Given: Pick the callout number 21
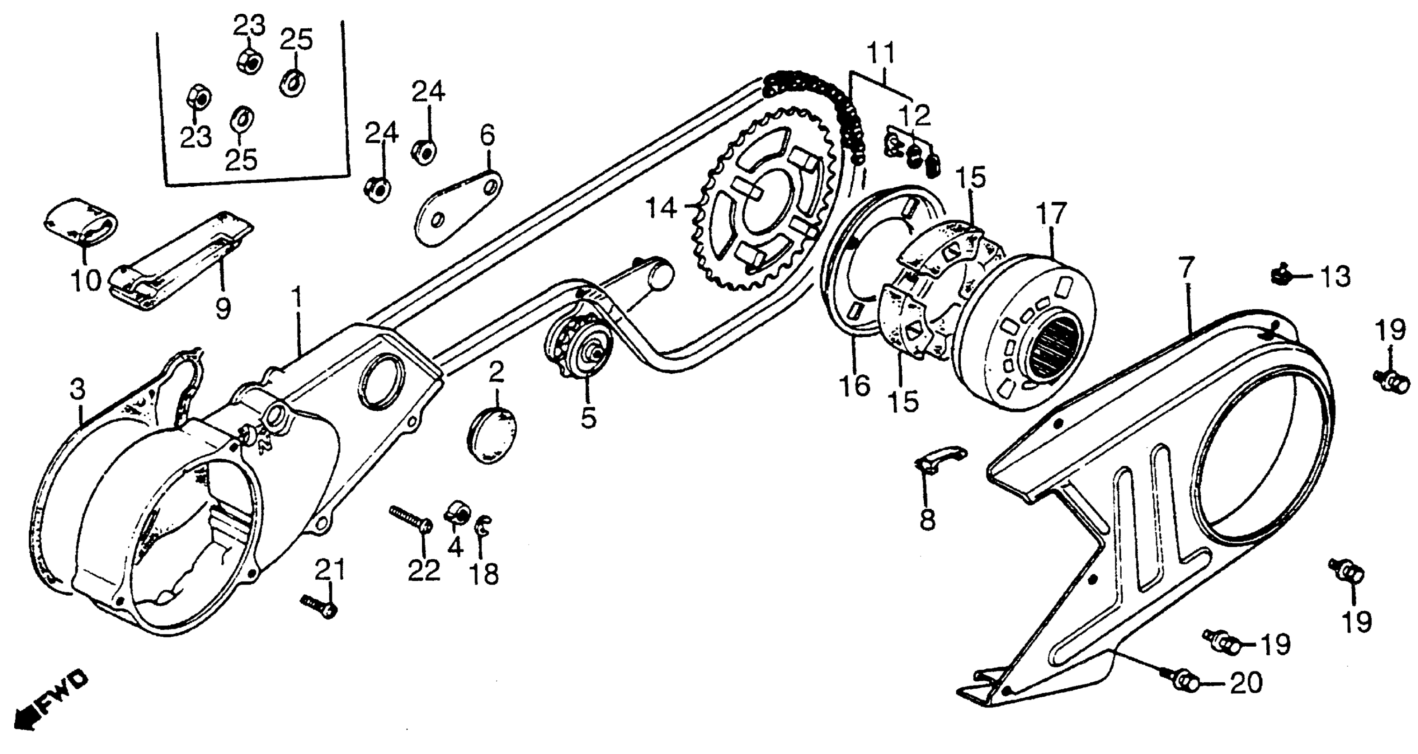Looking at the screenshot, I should (x=330, y=569).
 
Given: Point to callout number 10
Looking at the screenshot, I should (x=86, y=281).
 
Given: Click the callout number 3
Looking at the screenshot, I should (x=78, y=390).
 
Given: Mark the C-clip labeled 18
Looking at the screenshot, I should (x=484, y=528).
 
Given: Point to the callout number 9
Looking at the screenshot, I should (x=222, y=309).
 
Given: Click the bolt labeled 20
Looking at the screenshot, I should (x=1183, y=683).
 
